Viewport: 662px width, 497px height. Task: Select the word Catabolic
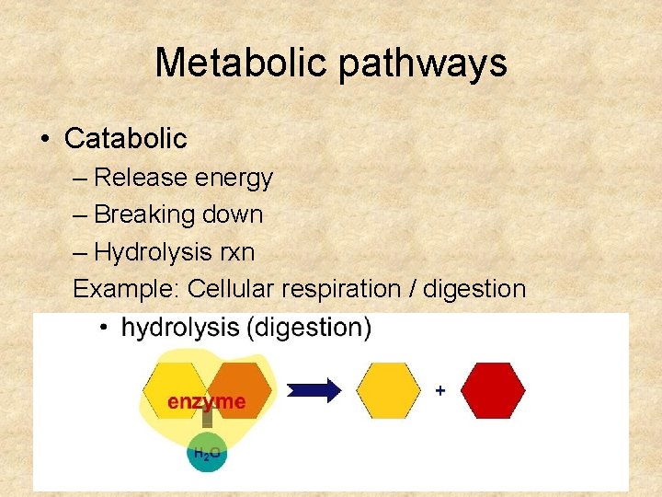point(125,139)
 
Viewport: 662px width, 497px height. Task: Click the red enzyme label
point(206,402)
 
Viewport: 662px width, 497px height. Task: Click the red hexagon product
point(493,390)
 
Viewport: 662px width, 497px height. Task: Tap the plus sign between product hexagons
point(440,391)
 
